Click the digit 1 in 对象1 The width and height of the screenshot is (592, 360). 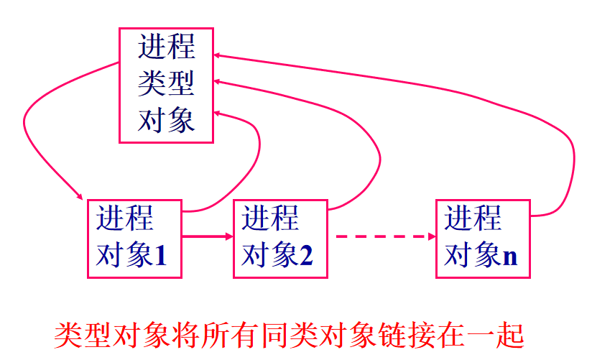pyautogui.click(x=160, y=255)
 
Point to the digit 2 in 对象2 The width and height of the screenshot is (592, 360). pyautogui.click(x=307, y=255)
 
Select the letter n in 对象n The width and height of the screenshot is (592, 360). pyautogui.click(x=510, y=255)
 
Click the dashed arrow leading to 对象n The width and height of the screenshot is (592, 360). pyautogui.click(x=381, y=236)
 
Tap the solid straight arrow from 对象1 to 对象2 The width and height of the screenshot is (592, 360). pyautogui.click(x=207, y=236)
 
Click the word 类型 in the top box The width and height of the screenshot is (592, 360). pyautogui.click(x=167, y=84)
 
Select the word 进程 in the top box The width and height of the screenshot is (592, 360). pyautogui.click(x=167, y=47)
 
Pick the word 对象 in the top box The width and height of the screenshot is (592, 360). pyautogui.click(x=167, y=120)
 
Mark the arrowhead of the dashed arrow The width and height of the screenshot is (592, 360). pyautogui.click(x=431, y=236)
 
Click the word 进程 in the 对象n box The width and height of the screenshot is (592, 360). pyautogui.click(x=473, y=218)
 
